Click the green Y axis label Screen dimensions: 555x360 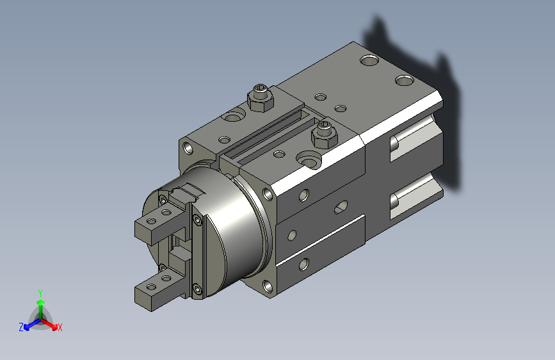(40, 293)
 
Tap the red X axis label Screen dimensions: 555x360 (60, 327)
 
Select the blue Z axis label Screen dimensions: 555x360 (21, 327)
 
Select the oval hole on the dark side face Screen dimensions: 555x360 (341, 208)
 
